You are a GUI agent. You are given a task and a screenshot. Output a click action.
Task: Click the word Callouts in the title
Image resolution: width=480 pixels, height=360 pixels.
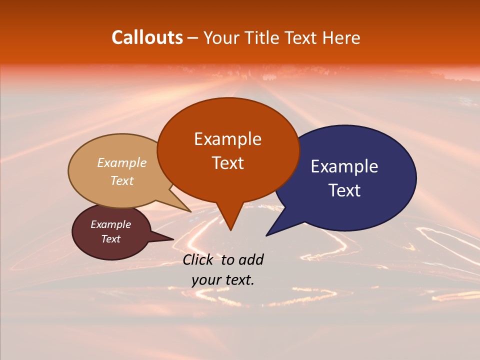pos(147,37)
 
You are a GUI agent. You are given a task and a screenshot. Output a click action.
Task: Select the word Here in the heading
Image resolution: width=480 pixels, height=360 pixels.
pos(342,37)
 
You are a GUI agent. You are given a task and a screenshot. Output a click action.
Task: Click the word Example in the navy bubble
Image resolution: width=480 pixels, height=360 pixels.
pos(344,166)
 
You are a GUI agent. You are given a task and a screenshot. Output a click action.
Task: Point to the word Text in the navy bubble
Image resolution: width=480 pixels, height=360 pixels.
pos(344,190)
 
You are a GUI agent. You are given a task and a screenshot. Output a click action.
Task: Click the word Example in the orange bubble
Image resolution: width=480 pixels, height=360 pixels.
pos(227,139)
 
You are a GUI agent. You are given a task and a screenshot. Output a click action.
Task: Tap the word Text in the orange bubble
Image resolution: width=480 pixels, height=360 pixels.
pos(227,163)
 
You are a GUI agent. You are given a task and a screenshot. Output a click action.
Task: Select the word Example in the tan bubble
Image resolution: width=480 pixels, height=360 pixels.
pos(122,163)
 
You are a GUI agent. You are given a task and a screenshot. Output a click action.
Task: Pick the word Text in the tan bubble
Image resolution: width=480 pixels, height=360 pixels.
pos(122,180)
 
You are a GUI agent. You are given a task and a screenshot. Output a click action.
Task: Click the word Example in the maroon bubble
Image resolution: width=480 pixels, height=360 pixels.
pos(111,224)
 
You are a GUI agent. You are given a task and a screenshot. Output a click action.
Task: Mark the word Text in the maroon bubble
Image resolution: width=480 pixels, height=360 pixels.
pos(111,239)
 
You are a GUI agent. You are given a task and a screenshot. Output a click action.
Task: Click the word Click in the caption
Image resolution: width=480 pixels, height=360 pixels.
pos(198,259)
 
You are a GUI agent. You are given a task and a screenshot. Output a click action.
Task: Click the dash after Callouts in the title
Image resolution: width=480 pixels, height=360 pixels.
pos(193,37)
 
